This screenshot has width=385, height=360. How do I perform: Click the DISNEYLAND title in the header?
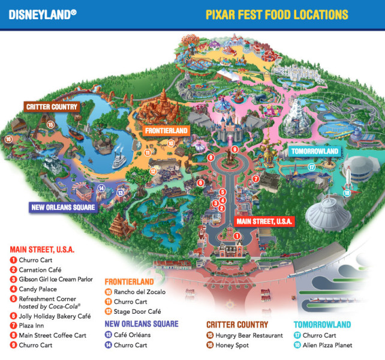point(42,13)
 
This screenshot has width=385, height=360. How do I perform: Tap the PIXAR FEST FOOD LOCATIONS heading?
point(276,14)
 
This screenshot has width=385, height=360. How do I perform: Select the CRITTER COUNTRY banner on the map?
point(52,107)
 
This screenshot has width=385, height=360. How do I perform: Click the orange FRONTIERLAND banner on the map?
point(167,130)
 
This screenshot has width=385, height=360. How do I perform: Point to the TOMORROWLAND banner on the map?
point(314,151)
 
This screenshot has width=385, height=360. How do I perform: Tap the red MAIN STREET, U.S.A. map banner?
point(264,221)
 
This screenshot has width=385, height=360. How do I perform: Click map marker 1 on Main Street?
point(237,236)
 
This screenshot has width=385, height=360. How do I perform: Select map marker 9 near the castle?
point(235,149)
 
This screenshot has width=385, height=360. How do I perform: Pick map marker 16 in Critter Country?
point(8,139)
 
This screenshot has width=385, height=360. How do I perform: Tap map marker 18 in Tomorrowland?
point(347,193)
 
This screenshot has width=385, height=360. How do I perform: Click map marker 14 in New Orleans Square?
point(101,188)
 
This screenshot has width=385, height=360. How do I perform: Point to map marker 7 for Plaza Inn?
point(255,179)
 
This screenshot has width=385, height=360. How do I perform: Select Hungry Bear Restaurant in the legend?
point(239,335)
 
